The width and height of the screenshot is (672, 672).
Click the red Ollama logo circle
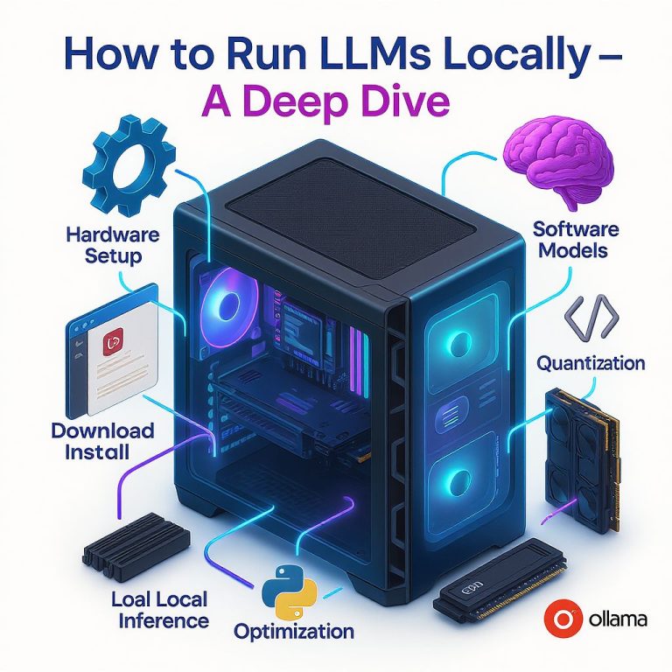[x=557, y=619]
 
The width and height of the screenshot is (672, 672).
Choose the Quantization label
[x=591, y=362]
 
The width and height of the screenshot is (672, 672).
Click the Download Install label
[x=102, y=441]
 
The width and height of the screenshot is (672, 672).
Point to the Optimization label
[x=294, y=631]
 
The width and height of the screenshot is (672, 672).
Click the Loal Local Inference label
[x=159, y=611]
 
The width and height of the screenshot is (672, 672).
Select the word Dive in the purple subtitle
[x=400, y=103]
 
